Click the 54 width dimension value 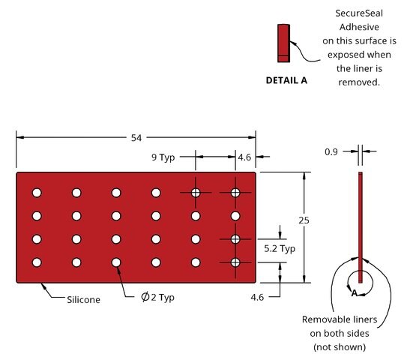136,138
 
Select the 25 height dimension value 304,220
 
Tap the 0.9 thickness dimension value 331,151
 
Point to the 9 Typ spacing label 163,157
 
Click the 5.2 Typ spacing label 280,248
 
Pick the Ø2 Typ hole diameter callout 157,297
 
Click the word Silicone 83,300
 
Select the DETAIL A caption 286,80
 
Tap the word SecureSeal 359,13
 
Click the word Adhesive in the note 359,27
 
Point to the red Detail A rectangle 283,43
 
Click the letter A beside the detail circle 355,292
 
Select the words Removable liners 340,319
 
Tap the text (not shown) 340,346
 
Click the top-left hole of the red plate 37,193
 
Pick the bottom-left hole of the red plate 37,262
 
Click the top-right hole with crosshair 235,193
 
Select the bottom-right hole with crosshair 235,262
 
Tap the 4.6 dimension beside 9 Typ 244,157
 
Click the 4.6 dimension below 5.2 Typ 257,297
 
